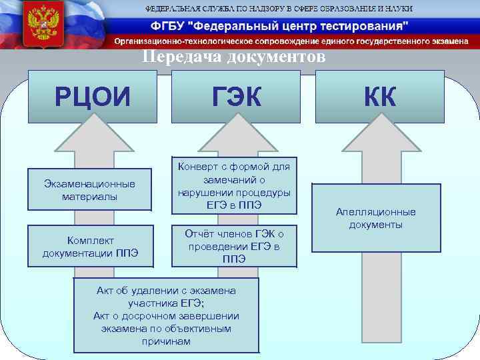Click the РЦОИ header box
[93, 98]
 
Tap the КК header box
[380, 98]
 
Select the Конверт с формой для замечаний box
[233, 185]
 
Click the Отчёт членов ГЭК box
[233, 245]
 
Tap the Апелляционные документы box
[375, 218]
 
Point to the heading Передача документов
[234, 57]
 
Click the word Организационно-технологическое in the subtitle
[177, 41]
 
